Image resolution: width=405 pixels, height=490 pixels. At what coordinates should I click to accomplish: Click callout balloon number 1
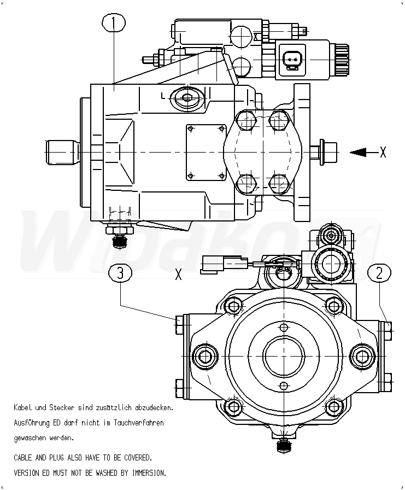(114, 23)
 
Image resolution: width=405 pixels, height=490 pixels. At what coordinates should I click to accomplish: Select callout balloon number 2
(379, 274)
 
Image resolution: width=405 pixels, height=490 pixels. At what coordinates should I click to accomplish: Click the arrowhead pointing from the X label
(358, 152)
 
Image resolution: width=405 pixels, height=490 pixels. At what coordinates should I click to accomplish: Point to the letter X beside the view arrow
(383, 152)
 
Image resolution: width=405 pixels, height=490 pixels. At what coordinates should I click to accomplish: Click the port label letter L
(163, 95)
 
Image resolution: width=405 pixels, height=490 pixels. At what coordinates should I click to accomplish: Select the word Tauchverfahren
(139, 423)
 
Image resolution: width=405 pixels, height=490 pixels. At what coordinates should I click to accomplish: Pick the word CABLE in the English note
(23, 458)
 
